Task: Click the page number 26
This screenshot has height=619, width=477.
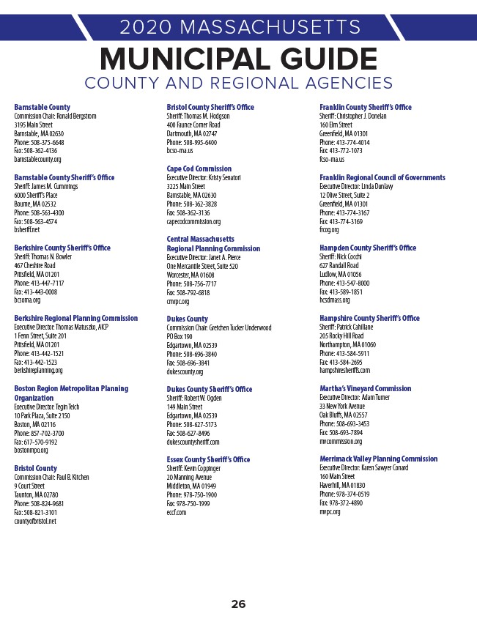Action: coord(238,604)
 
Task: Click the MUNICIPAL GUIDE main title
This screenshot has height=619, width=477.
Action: coord(238,59)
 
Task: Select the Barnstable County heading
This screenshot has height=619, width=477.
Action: coord(42,108)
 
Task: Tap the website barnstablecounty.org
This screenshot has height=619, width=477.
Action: coord(37,159)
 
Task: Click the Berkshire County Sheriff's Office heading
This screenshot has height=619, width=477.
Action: coord(62,248)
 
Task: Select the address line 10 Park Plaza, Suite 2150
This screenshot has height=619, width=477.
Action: coord(42,415)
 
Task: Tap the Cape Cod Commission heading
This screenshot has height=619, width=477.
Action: coord(199,168)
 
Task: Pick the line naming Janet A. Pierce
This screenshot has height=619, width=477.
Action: coord(203,257)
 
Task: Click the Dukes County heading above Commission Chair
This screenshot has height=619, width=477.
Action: coord(187,319)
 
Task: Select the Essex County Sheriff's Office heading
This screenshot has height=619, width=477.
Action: coord(208,459)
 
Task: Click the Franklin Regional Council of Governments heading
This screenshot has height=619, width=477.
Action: coord(382,177)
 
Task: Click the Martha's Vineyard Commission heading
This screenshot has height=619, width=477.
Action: coord(365,388)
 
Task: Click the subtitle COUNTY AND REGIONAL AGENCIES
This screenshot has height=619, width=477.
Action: coord(238,83)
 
